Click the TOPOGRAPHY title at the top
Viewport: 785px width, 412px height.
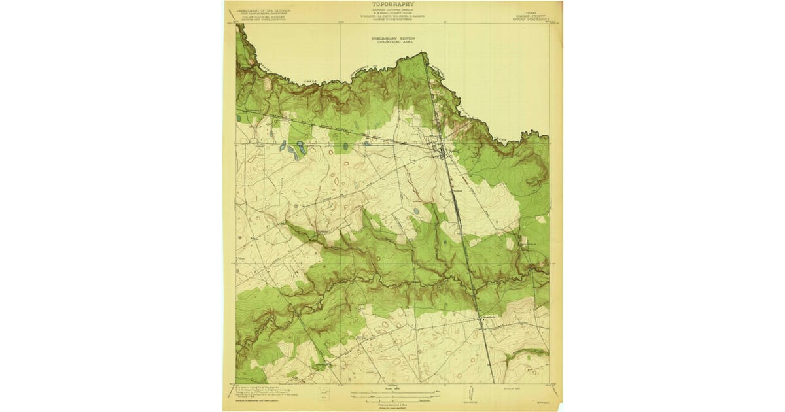tap(392, 4)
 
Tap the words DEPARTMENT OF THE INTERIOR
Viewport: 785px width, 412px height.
tap(265, 11)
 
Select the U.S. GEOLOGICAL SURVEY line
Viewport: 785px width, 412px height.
tap(265, 18)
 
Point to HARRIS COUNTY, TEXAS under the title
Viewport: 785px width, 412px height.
tap(392, 10)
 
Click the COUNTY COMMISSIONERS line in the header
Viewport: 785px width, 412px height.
tap(392, 20)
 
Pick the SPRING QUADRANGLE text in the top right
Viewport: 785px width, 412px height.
tap(530, 18)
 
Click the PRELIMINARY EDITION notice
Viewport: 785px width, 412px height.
tap(392, 38)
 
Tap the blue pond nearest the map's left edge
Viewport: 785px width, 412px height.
tap(239, 119)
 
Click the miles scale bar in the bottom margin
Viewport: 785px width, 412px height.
tap(392, 392)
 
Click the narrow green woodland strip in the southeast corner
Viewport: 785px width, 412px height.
tap(530, 354)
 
